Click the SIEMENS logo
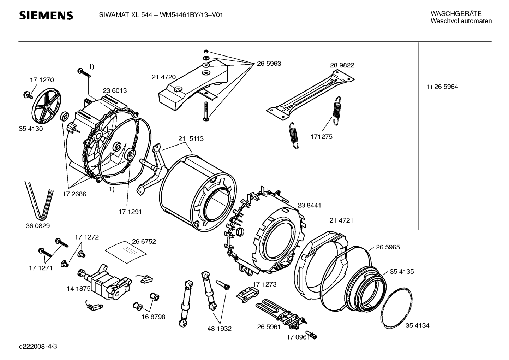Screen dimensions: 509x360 46,16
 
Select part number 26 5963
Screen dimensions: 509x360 269,64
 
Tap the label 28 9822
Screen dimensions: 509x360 342,65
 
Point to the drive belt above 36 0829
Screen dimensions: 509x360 39,201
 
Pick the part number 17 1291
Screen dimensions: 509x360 130,212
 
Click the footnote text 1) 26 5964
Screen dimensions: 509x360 442,87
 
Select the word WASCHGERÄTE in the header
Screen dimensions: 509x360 456,14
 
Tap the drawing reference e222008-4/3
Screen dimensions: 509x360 38,346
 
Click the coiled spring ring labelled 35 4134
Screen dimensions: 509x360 396,308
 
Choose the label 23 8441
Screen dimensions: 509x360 309,206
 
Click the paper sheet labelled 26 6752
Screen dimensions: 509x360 126,252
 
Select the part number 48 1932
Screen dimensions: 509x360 219,329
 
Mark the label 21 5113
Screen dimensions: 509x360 191,139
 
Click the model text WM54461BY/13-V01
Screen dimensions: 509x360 191,15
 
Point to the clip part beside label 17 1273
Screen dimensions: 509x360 247,295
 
